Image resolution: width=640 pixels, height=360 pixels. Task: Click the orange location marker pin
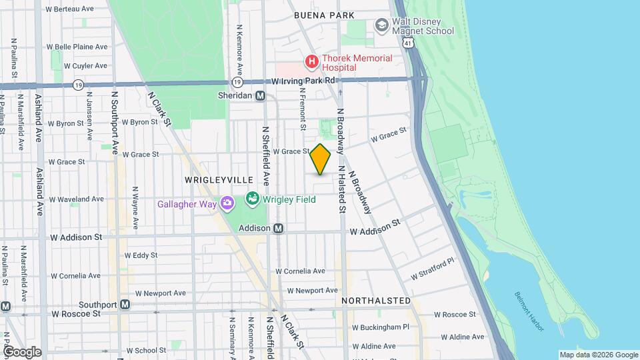tap(320, 159)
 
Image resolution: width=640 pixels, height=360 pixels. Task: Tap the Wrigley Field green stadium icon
tap(252, 199)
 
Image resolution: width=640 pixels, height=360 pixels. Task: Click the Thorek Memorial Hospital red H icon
tap(311, 63)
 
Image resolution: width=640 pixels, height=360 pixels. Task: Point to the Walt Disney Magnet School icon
tap(381, 25)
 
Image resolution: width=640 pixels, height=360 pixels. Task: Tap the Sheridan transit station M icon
tap(261, 95)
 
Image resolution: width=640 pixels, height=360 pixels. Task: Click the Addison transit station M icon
tap(279, 228)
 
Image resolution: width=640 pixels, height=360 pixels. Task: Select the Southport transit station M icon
tap(125, 305)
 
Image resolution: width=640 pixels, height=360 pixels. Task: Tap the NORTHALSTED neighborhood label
tap(376, 301)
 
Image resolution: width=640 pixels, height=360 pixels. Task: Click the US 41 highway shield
tap(407, 42)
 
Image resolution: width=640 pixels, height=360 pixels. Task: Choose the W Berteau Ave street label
tap(70, 9)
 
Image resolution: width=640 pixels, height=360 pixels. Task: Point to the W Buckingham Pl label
tap(380, 327)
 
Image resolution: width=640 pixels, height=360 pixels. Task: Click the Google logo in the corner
tap(21, 352)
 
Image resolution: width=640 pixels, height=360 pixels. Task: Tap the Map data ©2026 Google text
tap(598, 355)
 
